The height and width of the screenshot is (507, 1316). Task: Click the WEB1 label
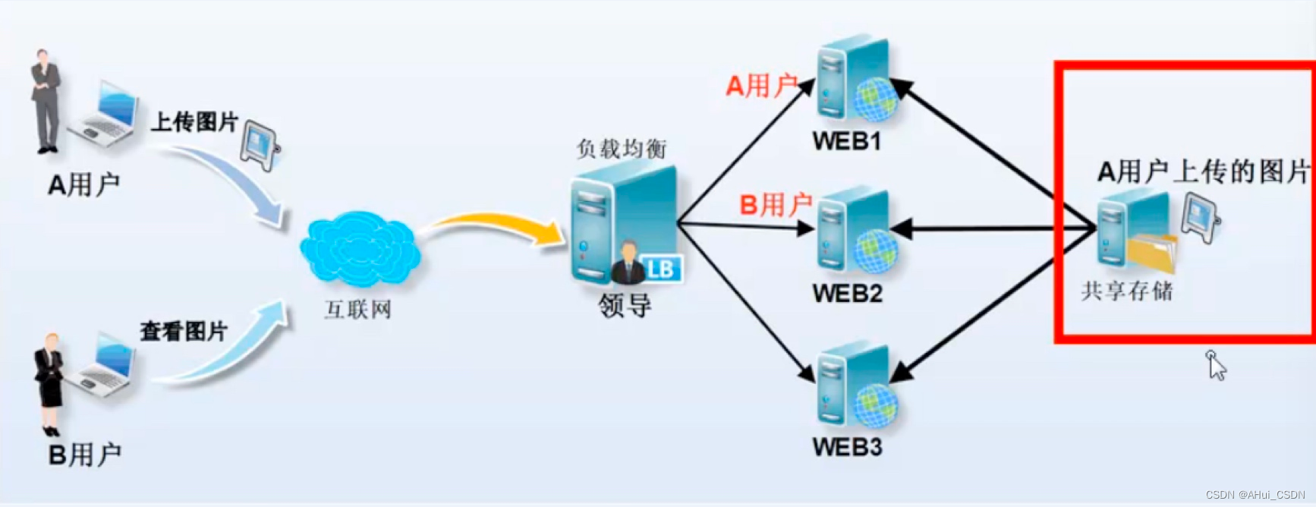846,141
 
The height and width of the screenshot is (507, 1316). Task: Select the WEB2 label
847,293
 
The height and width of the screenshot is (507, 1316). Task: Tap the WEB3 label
847,447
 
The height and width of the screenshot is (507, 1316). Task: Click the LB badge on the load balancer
660,269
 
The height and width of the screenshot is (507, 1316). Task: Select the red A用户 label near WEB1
761,86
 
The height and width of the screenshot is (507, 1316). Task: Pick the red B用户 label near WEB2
775,204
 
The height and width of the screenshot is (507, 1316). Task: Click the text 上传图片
194,121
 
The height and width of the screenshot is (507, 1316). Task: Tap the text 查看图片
184,331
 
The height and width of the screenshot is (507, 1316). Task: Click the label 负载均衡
621,148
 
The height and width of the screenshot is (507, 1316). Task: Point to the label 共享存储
1126,291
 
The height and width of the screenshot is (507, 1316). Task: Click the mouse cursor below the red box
1216,366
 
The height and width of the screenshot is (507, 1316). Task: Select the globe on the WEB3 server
876,404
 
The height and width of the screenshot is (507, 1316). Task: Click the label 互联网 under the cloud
357,310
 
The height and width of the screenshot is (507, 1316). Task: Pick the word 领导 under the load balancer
625,305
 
